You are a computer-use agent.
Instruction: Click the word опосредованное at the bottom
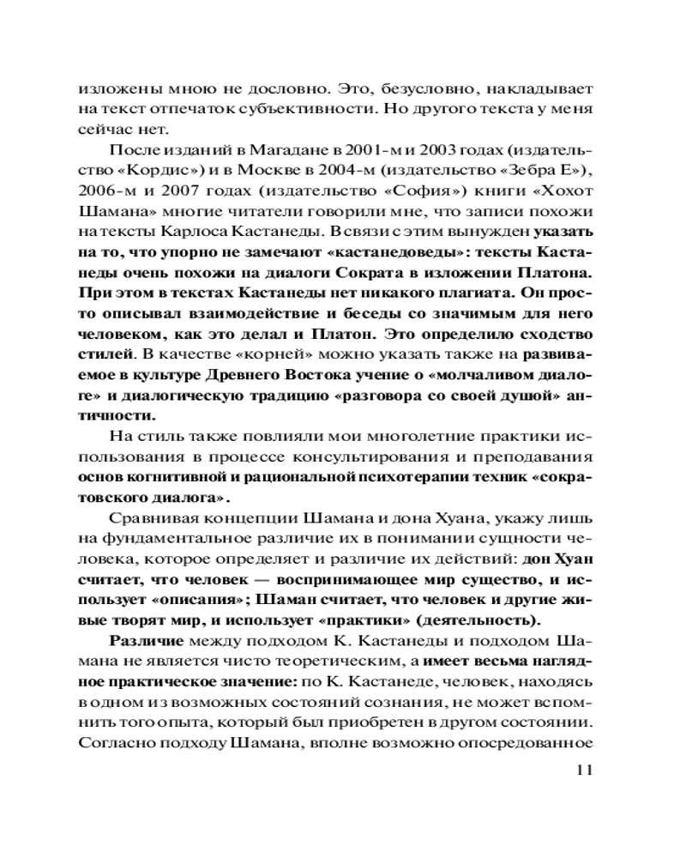pyautogui.click(x=533, y=745)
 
